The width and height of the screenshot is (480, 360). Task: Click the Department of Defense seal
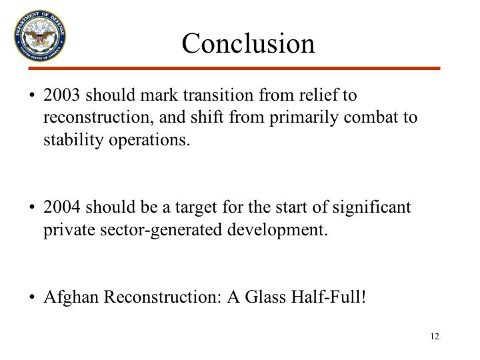point(40,35)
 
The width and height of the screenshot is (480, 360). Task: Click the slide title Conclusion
point(248,43)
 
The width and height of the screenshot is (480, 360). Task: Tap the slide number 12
point(435,337)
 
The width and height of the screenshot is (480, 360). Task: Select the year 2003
point(61,95)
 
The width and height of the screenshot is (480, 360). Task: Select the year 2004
point(61,207)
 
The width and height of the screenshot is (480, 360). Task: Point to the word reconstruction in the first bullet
point(98,117)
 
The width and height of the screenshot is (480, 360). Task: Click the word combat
point(370,117)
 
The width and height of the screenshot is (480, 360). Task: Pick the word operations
point(149,141)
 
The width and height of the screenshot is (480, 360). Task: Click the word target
point(196,207)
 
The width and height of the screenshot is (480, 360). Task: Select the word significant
point(371,207)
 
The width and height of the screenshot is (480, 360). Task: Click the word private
point(69,230)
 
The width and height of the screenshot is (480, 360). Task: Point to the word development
point(277,230)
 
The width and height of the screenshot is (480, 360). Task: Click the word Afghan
point(71,297)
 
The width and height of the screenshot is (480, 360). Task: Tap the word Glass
point(265,297)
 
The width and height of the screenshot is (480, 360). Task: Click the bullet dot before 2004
point(32,207)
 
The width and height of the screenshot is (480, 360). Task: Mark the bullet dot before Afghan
point(32,297)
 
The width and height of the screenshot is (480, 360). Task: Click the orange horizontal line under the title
point(234,68)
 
